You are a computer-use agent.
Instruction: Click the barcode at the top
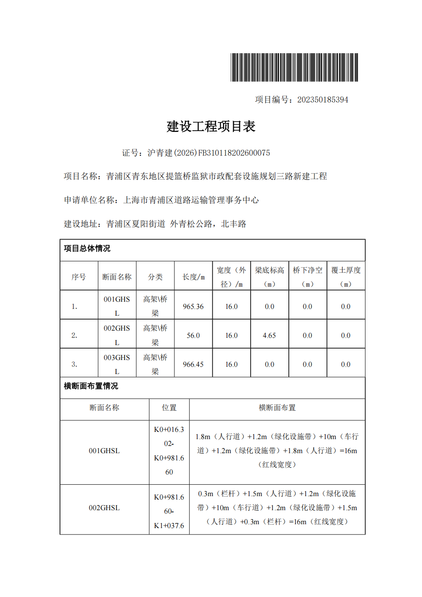(294, 67)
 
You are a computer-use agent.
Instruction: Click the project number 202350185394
(322, 100)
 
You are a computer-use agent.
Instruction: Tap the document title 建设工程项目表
(211, 126)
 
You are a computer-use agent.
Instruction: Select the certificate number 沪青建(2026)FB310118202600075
(208, 153)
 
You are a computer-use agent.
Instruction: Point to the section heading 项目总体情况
(87, 249)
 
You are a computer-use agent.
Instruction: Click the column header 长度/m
(194, 277)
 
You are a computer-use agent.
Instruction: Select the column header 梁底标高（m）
(269, 277)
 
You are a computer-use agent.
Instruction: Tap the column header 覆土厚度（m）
(346, 277)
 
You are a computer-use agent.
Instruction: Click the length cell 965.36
(193, 306)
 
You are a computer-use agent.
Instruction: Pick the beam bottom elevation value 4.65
(269, 335)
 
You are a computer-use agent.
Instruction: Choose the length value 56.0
(193, 335)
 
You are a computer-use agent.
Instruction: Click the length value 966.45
(193, 364)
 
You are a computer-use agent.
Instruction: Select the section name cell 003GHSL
(117, 364)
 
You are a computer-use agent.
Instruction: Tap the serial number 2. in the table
(74, 335)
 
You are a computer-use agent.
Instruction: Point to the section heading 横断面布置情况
(91, 386)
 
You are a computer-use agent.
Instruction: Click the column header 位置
(169, 408)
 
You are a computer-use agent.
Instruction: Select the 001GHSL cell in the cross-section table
(104, 451)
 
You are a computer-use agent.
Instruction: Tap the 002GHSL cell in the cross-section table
(104, 508)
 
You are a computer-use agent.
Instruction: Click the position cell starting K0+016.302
(169, 451)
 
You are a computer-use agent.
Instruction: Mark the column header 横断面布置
(277, 408)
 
